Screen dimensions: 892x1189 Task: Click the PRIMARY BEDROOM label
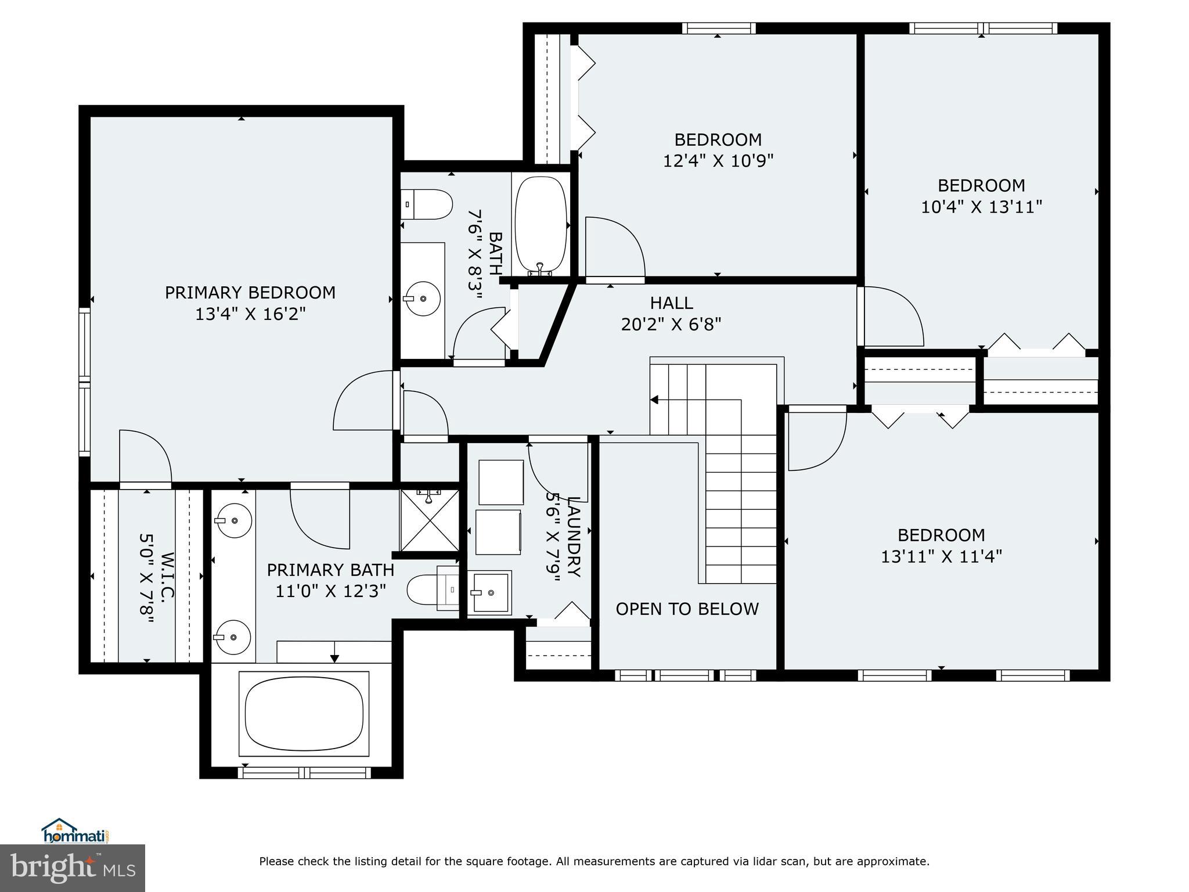click(250, 292)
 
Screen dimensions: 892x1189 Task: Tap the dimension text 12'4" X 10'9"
click(718, 161)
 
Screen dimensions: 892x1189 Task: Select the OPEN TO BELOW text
click(687, 609)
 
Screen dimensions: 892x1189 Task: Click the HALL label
click(671, 303)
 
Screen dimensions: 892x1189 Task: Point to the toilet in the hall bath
click(428, 204)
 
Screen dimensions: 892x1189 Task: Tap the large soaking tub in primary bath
click(307, 714)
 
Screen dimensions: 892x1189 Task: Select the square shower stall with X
click(430, 520)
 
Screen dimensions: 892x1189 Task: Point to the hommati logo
click(75, 830)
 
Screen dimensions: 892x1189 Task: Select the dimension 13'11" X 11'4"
click(941, 556)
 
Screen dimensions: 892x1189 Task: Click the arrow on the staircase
click(654, 400)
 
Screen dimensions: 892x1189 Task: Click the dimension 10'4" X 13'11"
click(981, 207)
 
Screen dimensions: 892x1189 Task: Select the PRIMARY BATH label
click(330, 570)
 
